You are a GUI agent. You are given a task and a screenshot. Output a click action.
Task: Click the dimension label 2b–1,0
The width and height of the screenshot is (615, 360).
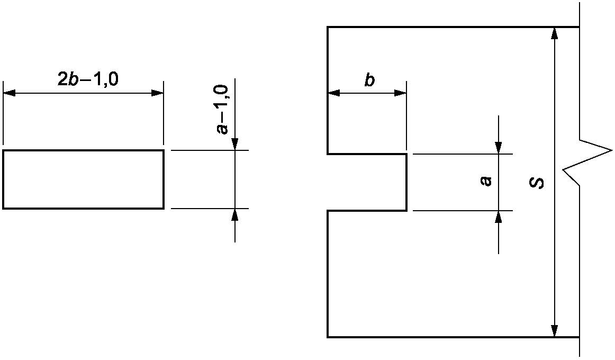(x=88, y=80)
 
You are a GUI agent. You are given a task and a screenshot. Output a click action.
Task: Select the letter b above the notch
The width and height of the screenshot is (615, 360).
(x=369, y=80)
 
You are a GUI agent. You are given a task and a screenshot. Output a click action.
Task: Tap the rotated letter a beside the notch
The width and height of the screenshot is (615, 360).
(x=486, y=181)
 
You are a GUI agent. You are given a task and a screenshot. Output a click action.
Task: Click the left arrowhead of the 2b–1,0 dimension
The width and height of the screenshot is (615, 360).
(x=9, y=93)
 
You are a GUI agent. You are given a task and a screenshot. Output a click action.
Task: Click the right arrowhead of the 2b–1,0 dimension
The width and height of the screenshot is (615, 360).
(x=157, y=93)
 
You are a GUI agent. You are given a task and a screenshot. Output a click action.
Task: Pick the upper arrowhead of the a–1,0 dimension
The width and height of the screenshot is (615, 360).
(x=235, y=144)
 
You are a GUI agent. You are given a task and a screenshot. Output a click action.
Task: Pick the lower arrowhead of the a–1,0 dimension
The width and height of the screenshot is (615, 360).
(x=235, y=214)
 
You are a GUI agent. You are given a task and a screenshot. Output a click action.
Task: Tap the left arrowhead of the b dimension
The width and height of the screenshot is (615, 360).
(x=334, y=93)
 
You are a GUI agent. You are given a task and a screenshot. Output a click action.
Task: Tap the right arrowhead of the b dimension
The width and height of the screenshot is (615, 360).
(x=400, y=93)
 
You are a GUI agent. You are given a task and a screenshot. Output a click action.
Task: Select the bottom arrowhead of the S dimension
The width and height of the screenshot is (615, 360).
(x=554, y=330)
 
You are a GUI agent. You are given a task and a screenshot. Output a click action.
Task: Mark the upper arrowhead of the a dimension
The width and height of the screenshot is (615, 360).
(x=499, y=148)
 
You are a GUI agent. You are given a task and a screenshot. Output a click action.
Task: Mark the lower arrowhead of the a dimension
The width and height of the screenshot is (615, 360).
(x=499, y=217)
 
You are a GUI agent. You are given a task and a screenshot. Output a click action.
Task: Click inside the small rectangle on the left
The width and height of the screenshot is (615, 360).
(x=83, y=179)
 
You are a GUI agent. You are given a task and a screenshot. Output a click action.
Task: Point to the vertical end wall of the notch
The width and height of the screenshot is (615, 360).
(x=406, y=182)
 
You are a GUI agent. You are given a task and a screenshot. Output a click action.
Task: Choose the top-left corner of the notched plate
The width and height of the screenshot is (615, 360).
(x=328, y=27)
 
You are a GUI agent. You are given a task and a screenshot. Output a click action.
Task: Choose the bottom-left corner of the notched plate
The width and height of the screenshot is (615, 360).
(x=328, y=337)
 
